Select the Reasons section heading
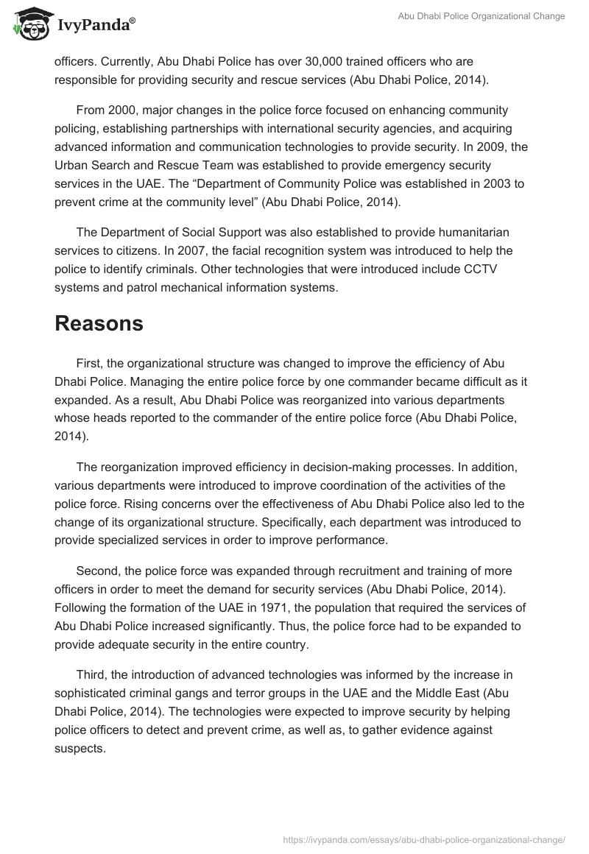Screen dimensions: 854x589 tap(99, 324)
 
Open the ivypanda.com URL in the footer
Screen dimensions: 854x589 tap(423, 839)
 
